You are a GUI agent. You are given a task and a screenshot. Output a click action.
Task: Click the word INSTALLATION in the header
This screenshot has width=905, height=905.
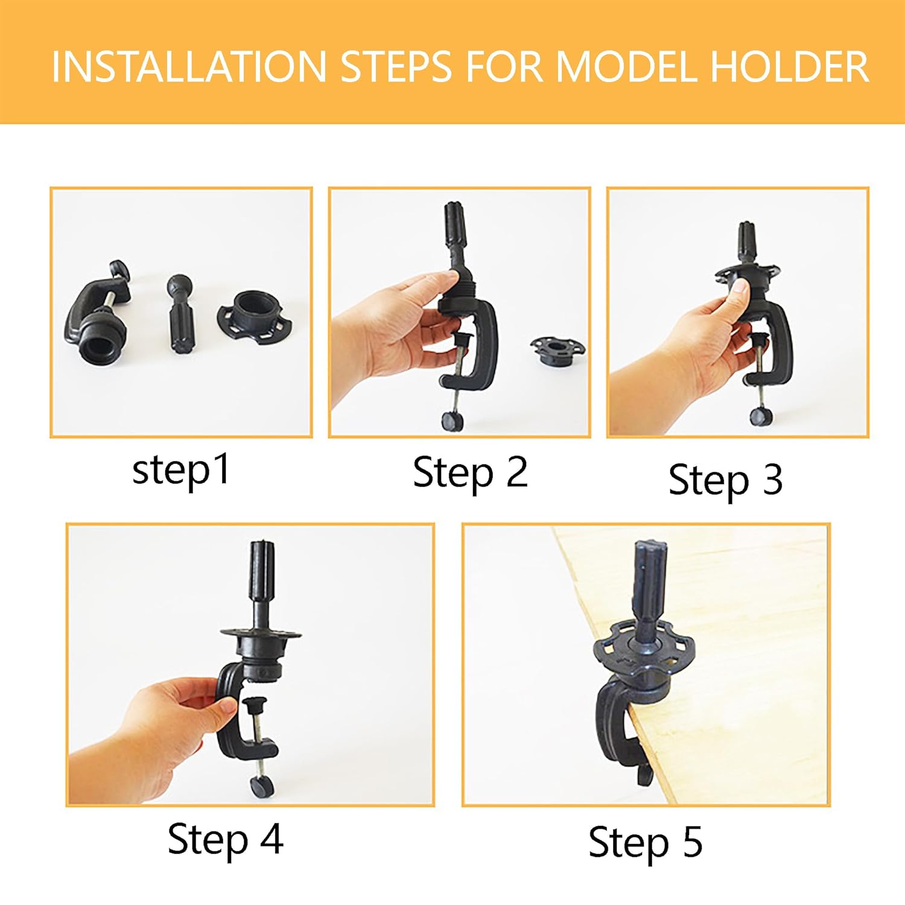[x=188, y=66]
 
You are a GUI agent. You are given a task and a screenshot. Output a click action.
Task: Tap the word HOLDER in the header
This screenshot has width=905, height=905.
[x=790, y=66]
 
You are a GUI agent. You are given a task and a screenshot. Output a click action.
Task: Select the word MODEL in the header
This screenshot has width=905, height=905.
[x=627, y=66]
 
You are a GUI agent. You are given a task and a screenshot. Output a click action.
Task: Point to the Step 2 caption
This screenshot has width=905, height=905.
[x=470, y=473]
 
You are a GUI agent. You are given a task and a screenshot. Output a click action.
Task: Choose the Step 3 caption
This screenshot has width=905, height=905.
[x=725, y=481]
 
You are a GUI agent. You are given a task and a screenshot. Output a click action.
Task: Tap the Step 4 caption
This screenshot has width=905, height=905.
[x=225, y=839]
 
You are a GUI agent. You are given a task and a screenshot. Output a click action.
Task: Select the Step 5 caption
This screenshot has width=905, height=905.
[x=645, y=843]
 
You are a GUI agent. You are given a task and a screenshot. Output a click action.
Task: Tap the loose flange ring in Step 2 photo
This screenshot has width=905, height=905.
[x=557, y=351]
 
